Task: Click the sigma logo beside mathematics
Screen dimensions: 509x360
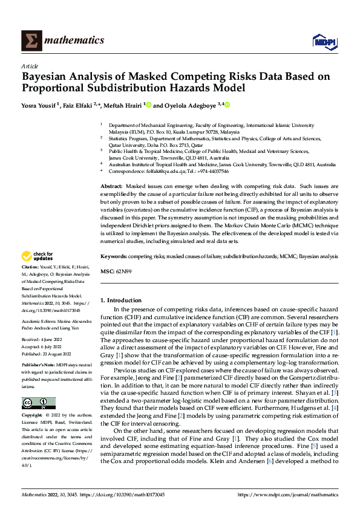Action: pyautogui.click(x=31, y=40)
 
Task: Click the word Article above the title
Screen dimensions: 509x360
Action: pyautogui.click(x=30, y=66)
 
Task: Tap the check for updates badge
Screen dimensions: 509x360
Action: pyautogui.click(x=38, y=273)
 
